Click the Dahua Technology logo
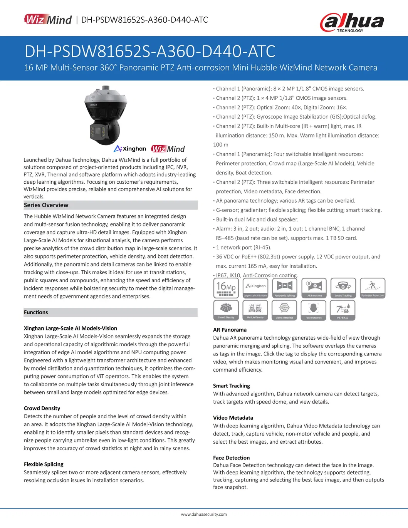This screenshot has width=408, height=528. point(352,22)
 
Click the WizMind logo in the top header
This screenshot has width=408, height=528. point(48,19)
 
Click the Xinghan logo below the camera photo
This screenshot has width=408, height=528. point(130,149)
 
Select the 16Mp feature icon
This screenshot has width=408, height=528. point(226,288)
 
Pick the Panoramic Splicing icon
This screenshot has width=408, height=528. point(285,288)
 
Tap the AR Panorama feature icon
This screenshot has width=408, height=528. point(314,288)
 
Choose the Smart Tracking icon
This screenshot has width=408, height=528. point(343,288)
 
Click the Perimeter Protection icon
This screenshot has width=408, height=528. point(373,288)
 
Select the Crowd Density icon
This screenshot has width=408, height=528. point(226,310)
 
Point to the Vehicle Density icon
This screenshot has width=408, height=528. point(255,310)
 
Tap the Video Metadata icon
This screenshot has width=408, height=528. point(284,310)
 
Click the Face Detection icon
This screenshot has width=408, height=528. point(314,310)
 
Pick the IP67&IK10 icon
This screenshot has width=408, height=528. point(343,310)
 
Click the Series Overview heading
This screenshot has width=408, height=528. point(46,205)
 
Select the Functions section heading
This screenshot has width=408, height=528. point(36,312)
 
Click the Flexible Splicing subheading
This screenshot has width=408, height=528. point(44,464)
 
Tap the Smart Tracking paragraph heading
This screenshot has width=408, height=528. point(232,386)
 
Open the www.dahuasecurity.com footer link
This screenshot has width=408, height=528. point(204,514)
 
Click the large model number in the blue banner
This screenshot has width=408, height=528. point(150,52)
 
